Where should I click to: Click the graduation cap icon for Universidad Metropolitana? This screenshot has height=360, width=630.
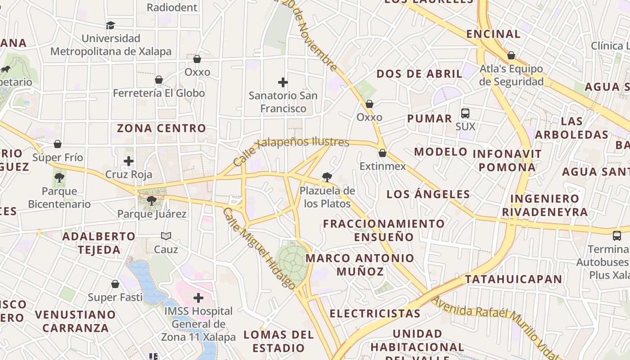tap(111, 25)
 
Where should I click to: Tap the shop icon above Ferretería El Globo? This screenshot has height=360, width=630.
tap(159, 80)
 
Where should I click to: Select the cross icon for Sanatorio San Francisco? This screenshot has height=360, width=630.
tap(283, 82)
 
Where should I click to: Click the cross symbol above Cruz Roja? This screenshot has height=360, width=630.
tap(129, 161)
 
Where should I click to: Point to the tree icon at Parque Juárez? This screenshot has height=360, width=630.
tap(152, 200)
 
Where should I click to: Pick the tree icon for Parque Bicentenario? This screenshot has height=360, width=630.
tap(59, 178)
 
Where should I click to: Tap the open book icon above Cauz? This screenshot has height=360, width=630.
tap(166, 236)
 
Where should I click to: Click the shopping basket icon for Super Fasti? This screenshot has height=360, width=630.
tap(115, 284)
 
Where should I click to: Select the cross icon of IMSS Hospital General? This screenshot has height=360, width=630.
tap(198, 297)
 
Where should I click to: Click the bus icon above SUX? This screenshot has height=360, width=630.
tap(465, 113)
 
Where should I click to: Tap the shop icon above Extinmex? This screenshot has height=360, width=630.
tap(382, 153)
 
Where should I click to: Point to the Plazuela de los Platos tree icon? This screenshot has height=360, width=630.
tap(327, 177)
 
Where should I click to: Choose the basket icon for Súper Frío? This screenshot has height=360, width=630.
tap(58, 144)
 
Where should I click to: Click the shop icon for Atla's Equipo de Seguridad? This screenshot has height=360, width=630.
tap(511, 55)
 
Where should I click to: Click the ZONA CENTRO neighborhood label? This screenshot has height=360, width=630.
tap(162, 128)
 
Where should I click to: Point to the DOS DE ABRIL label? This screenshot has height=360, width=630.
tap(419, 74)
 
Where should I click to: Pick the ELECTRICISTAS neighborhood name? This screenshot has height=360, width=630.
tap(375, 314)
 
